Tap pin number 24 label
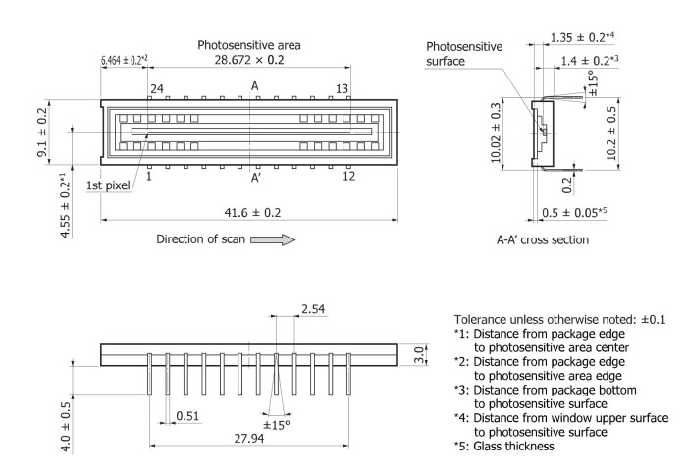(156, 88)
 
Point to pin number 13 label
(343, 88)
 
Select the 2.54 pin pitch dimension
(289, 309)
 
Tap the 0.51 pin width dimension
(187, 417)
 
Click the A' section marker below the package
(255, 178)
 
